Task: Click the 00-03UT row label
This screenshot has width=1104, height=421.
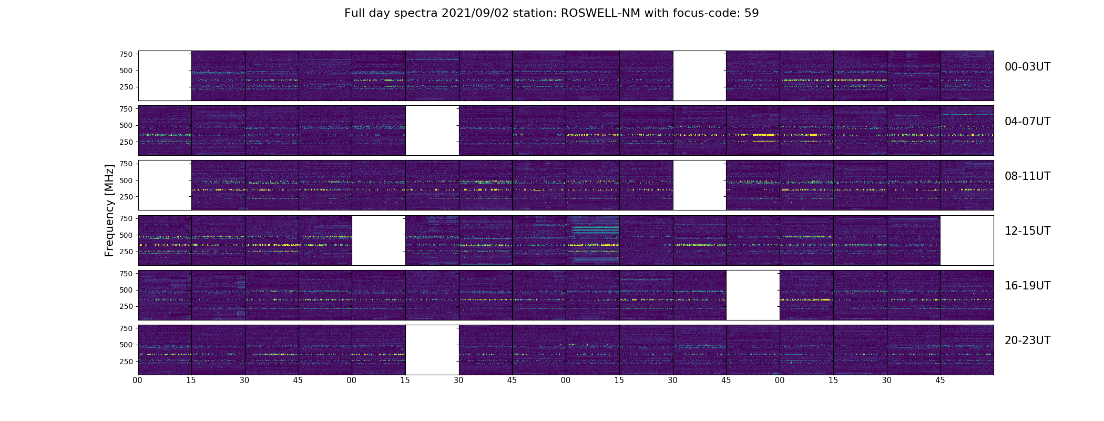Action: point(1027,67)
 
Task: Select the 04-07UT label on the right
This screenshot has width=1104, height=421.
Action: point(1027,122)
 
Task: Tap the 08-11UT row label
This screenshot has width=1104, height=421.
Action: point(1027,176)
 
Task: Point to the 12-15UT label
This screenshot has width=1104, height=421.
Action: point(1027,231)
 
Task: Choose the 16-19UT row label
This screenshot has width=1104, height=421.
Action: point(1027,286)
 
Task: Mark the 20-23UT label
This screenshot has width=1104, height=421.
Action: point(1027,340)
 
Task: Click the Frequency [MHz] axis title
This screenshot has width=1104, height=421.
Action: point(109,210)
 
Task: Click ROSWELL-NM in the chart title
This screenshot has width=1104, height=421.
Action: point(600,13)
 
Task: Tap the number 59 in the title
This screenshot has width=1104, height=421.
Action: point(752,13)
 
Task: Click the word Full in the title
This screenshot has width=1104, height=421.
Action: point(355,13)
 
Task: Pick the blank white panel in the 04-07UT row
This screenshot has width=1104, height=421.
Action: point(432,131)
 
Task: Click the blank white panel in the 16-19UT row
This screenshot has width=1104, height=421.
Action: point(753,295)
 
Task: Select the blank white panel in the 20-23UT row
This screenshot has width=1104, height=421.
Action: point(432,350)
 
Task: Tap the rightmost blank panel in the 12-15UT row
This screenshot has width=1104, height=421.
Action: point(967,240)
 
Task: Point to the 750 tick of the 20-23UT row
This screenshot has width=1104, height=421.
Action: point(126,328)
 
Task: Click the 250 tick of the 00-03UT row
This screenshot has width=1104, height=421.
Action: point(126,87)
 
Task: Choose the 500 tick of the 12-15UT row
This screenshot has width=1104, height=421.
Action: point(126,235)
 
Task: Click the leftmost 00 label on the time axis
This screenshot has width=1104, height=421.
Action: point(138,380)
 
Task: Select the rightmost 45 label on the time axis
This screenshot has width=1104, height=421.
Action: point(940,380)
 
